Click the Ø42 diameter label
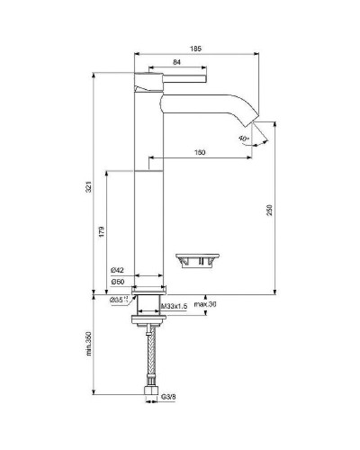(x=117, y=270)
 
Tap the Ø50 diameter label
(x=117, y=282)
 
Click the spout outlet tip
(x=249, y=124)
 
